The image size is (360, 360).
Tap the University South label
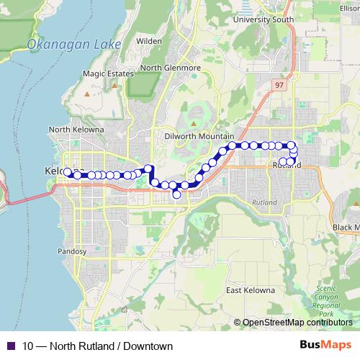tap(263, 19)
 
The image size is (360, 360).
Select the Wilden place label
tap(148, 42)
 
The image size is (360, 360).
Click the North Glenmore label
tap(170, 68)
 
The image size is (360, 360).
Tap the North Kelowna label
tap(76, 130)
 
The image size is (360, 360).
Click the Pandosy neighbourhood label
tap(71, 252)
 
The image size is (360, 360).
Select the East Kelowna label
tap(251, 290)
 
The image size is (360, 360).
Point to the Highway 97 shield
tap(279, 85)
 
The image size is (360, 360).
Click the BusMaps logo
tap(325, 346)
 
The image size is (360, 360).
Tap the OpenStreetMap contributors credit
tap(297, 323)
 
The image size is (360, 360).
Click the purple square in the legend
tap(11, 346)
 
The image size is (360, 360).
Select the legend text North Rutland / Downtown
tap(97, 346)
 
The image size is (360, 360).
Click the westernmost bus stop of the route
tap(68, 172)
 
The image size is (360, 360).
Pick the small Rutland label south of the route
tap(264, 203)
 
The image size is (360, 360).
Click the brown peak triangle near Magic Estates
tap(86, 94)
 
